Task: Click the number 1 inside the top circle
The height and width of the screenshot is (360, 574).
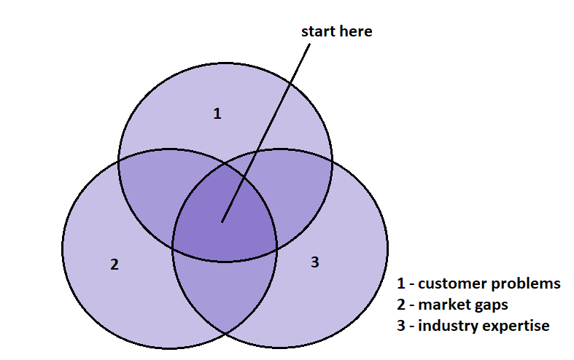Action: (x=217, y=114)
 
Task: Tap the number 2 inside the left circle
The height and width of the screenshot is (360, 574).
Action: (x=114, y=265)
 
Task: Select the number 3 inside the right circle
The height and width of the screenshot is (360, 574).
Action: (x=315, y=262)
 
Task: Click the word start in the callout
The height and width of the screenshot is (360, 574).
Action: (x=319, y=31)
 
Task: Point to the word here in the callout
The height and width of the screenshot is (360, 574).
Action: (x=356, y=31)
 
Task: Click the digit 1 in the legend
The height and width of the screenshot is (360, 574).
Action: (x=401, y=283)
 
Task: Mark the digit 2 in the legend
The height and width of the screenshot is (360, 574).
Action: (x=401, y=305)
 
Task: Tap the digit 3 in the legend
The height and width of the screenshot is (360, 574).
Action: (x=401, y=326)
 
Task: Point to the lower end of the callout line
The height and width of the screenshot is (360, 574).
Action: (x=222, y=222)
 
